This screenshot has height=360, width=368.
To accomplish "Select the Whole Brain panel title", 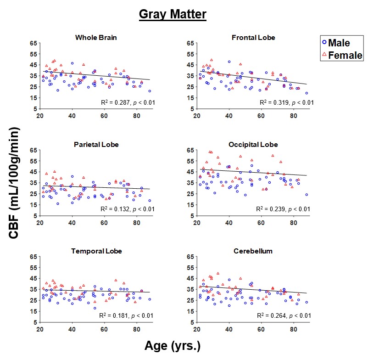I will [95, 38].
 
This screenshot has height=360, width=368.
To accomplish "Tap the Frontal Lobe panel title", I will [253, 38].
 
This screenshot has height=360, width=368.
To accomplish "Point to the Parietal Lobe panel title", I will [96, 145].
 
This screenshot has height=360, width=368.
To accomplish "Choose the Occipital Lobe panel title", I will [253, 145].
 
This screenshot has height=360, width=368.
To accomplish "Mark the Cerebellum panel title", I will [253, 251].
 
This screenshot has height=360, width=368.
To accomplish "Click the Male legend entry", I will [338, 43].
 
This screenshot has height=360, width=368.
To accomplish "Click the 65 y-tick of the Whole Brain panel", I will [33, 43].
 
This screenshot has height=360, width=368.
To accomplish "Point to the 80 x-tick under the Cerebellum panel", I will [294, 329].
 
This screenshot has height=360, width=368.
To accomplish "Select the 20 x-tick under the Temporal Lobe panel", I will [40, 329].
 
